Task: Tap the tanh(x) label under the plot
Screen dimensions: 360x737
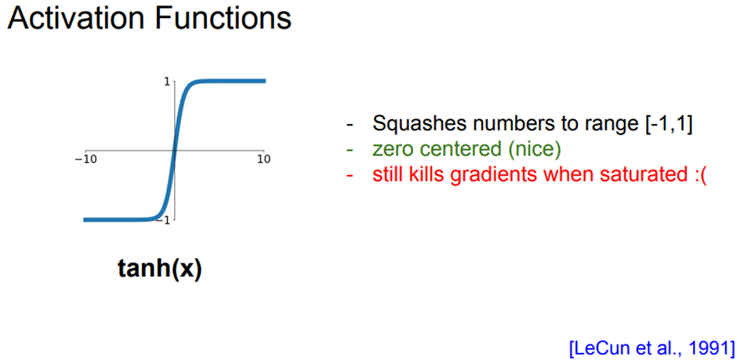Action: click(x=159, y=269)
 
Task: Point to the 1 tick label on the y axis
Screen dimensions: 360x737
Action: click(x=167, y=81)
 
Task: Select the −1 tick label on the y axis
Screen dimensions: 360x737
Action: click(x=164, y=220)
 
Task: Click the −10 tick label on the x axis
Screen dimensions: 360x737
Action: click(x=85, y=159)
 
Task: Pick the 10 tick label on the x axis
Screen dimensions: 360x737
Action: click(x=263, y=159)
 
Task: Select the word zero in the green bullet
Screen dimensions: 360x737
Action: click(x=390, y=148)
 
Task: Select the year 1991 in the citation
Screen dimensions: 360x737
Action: click(x=708, y=346)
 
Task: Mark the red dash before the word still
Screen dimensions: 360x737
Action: click(x=350, y=174)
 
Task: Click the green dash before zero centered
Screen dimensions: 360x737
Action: click(x=350, y=148)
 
